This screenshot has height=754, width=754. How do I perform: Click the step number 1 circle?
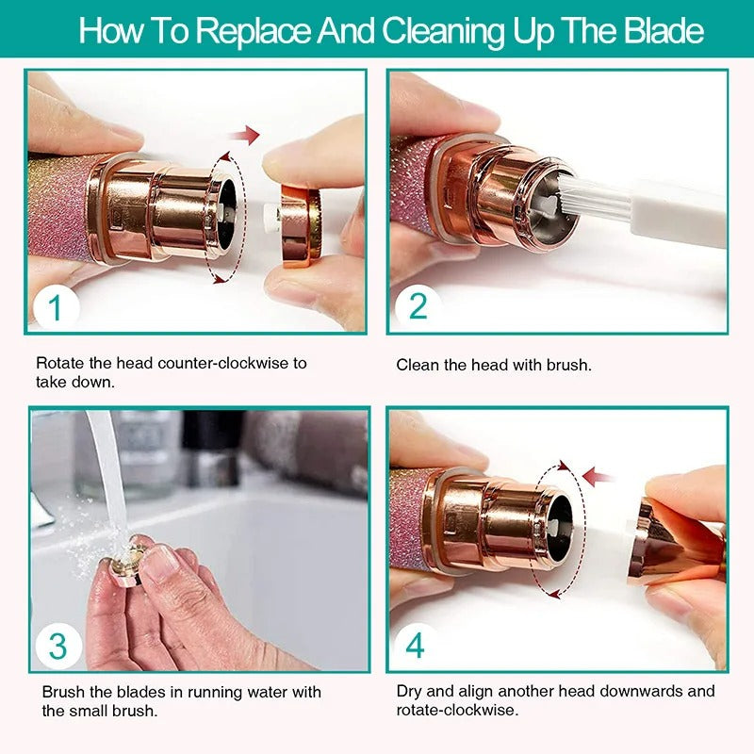pyautogui.click(x=55, y=308)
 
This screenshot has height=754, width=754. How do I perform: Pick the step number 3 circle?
pyautogui.click(x=57, y=647)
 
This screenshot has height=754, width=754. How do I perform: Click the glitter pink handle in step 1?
pyautogui.click(x=57, y=207)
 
